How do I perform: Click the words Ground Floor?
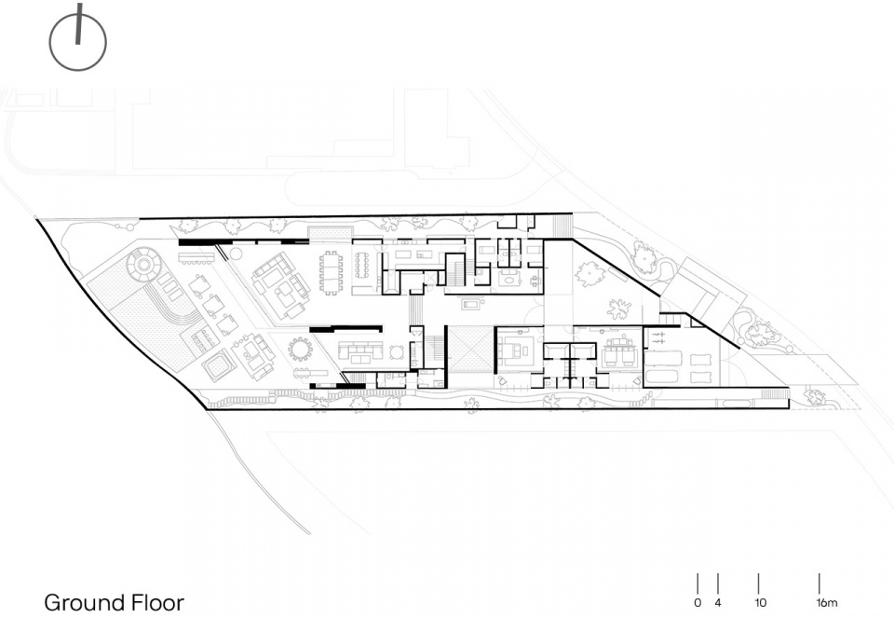(x=114, y=602)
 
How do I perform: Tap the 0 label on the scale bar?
(x=698, y=602)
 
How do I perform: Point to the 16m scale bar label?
(x=826, y=602)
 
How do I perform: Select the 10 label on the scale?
(x=760, y=602)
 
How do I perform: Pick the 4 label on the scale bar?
(x=718, y=602)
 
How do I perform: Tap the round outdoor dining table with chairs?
(x=300, y=350)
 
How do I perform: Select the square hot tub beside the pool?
(x=217, y=364)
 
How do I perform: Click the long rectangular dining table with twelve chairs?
(x=332, y=273)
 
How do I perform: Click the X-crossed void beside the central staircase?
(x=469, y=350)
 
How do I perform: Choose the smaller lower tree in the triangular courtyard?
(x=618, y=309)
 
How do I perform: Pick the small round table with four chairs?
(x=397, y=351)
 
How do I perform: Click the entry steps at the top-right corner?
(x=562, y=225)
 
